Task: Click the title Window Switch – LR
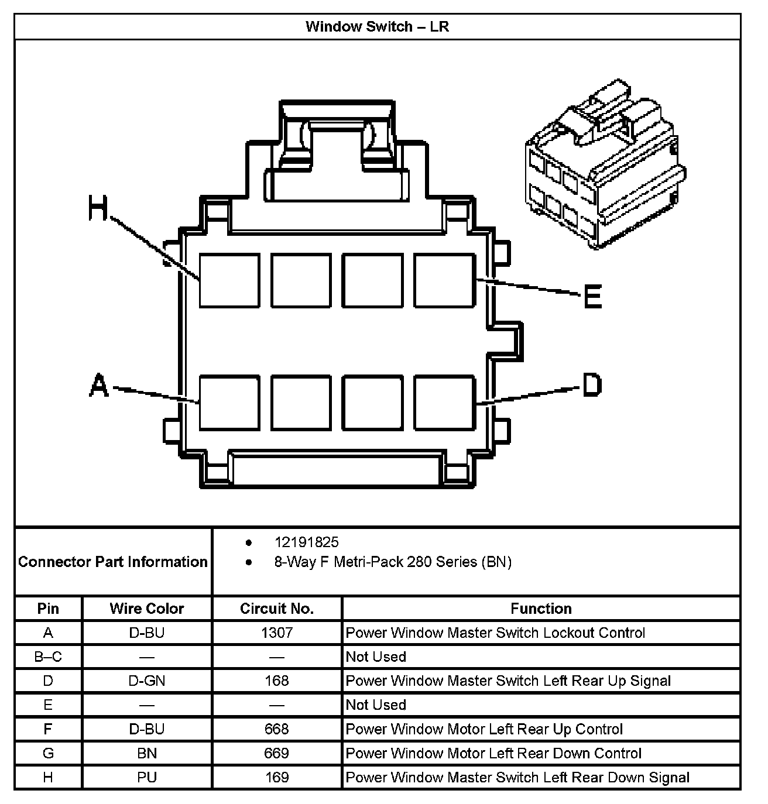tap(377, 27)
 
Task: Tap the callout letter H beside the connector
tap(98, 209)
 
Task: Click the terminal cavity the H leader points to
tap(229, 281)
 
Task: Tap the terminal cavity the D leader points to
tap(444, 403)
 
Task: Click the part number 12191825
tap(306, 542)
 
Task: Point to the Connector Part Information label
tap(113, 562)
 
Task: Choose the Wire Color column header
tap(147, 609)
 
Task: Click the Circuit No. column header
tap(277, 609)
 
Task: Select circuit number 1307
tap(277, 633)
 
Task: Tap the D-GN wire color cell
tap(147, 681)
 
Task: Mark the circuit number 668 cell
tap(277, 729)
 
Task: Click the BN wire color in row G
tap(147, 753)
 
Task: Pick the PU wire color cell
tap(147, 777)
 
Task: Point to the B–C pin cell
tap(48, 657)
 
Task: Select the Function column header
tap(541, 609)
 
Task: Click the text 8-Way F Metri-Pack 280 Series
tap(393, 562)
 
